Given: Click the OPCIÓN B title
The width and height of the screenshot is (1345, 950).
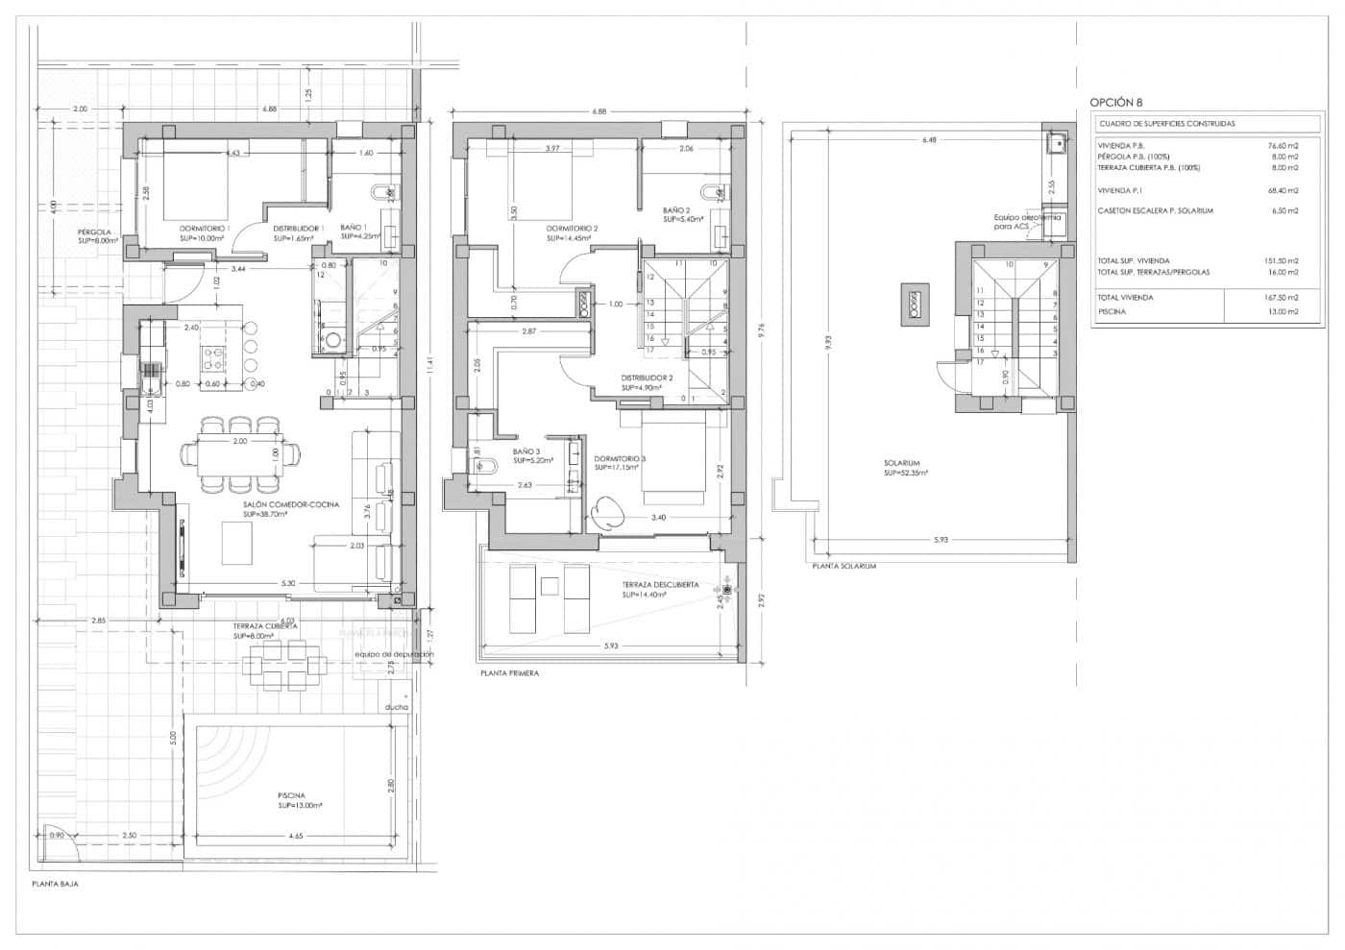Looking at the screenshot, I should point(1116,102).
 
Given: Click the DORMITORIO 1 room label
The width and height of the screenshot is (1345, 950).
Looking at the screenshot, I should point(205,228).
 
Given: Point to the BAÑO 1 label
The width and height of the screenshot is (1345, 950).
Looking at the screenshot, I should point(353,228).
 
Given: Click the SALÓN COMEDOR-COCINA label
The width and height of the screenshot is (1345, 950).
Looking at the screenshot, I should point(290,504).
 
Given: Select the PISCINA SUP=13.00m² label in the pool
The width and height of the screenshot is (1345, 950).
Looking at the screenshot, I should point(291,800).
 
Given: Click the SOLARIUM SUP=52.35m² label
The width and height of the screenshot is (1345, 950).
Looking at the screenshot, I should point(903,468).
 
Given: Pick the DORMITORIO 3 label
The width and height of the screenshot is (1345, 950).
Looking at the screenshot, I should point(620,459).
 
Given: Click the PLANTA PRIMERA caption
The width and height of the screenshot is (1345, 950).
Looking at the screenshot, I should point(509,673).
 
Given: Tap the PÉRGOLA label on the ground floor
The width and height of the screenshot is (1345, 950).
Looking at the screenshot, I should point(95,232).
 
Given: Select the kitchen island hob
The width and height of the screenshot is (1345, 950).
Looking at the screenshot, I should point(212,357).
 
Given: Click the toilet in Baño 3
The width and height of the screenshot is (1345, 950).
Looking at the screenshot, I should point(483,466).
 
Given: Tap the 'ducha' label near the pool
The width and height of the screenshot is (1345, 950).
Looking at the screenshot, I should point(396,707).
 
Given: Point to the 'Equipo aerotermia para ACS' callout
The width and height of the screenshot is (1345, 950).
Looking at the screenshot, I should point(1026,221).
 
